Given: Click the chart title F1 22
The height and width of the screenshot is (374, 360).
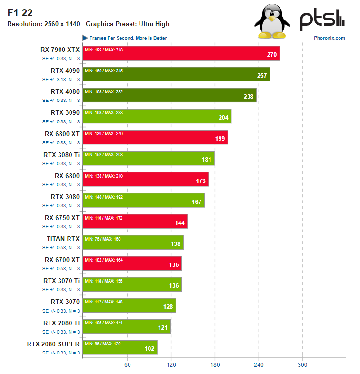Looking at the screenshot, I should pos(17,13).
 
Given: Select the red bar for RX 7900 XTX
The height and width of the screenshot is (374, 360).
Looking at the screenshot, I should pos(181,53).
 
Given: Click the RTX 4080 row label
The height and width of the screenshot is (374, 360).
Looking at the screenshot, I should pos(65,91).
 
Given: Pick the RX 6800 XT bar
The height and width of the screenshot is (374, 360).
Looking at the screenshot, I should pos(155,137).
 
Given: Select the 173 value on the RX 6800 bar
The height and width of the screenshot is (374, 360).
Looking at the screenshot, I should pos(201,181).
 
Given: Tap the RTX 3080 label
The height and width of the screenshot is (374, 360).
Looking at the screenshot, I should pos(65,196).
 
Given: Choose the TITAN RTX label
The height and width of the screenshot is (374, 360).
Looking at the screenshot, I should pos(63,238).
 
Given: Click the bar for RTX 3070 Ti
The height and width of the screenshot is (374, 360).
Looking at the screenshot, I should pos(132,284).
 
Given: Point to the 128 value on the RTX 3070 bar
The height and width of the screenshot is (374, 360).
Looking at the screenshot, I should pos(169,306).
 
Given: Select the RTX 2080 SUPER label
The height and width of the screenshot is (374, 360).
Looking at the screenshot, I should pos(53,343).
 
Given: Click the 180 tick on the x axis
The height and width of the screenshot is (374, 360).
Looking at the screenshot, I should pos(215,365).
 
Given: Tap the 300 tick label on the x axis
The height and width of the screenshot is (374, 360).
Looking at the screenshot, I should pos(302,365).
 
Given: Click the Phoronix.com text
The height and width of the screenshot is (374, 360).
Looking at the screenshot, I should pos(330,38).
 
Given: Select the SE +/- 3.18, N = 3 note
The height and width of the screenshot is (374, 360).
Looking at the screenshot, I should pos(61,80).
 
